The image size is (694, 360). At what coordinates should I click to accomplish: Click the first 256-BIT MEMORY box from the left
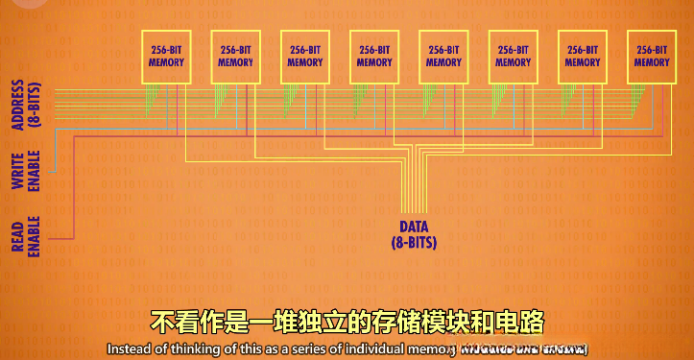click(x=166, y=56)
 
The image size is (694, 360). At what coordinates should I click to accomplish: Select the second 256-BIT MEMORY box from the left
click(x=235, y=56)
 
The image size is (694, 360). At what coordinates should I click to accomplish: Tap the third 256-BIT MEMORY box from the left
click(x=304, y=56)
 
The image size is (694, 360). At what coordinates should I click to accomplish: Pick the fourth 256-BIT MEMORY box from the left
click(x=373, y=56)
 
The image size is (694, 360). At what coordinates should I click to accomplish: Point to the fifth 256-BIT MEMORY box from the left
click(x=443, y=56)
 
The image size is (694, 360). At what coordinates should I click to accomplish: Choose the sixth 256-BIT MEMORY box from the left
click(x=513, y=56)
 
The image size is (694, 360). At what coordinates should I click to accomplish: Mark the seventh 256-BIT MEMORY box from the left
click(x=582, y=56)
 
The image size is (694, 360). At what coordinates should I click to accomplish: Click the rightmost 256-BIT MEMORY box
click(x=651, y=56)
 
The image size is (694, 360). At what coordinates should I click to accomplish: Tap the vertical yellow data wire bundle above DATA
click(x=414, y=187)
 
